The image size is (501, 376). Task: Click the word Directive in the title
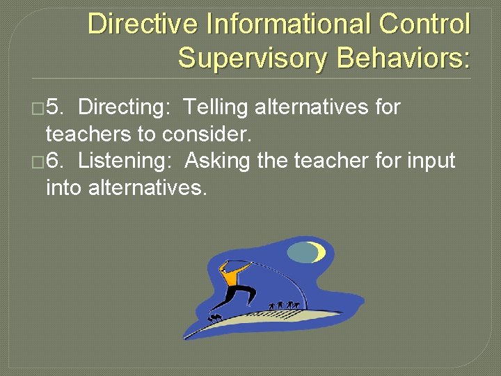tap(134, 25)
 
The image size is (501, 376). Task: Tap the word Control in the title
tap(424, 25)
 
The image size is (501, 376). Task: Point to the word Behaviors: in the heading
tap(404, 58)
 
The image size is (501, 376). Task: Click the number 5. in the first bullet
tap(56, 108)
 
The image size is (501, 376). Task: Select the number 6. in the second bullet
tap(56, 162)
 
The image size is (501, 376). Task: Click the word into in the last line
tap(64, 187)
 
